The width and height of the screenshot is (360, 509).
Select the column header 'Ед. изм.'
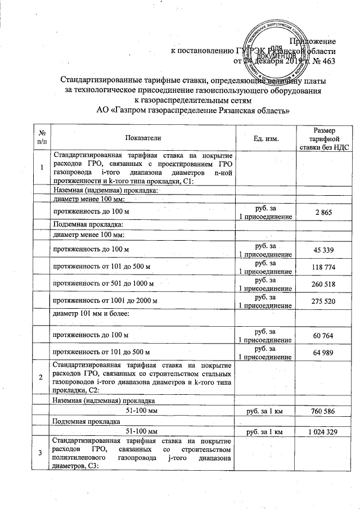click(x=266, y=137)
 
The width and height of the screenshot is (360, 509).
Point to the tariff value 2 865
click(x=323, y=210)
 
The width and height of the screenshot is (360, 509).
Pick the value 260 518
click(x=323, y=285)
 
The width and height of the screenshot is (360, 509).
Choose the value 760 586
click(x=323, y=411)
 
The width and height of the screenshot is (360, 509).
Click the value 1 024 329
click(x=323, y=431)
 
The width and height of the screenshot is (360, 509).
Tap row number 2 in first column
click(x=41, y=376)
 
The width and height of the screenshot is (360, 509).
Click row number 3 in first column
click(x=41, y=453)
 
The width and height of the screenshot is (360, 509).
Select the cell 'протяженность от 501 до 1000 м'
click(x=103, y=285)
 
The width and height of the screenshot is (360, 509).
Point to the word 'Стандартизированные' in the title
click(x=102, y=80)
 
